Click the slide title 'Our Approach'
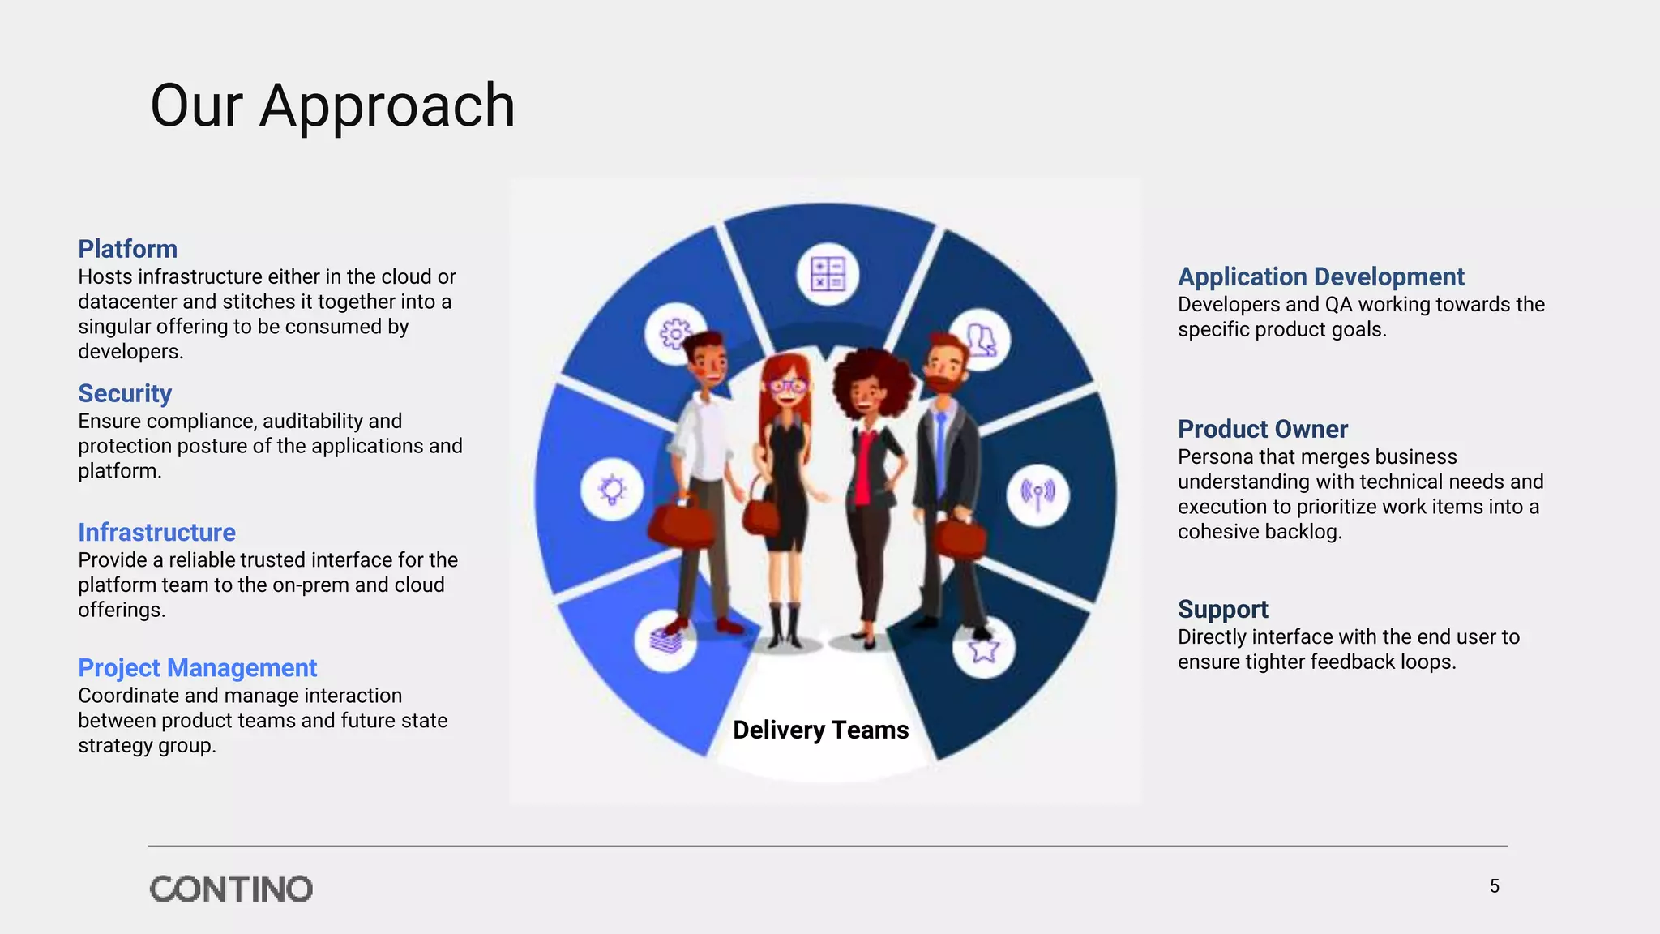pyautogui.click(x=332, y=106)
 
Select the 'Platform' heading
pyautogui.click(x=127, y=249)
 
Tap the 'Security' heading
pyautogui.click(x=125, y=393)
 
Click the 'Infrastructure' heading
pyautogui.click(x=156, y=533)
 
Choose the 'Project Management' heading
pyautogui.click(x=197, y=668)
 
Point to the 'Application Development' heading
pyautogui.click(x=1320, y=276)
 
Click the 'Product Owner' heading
pyautogui.click(x=1262, y=429)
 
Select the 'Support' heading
pyautogui.click(x=1222, y=609)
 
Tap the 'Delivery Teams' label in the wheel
pyautogui.click(x=820, y=730)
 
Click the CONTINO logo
pyautogui.click(x=231, y=889)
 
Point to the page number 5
pyautogui.click(x=1494, y=886)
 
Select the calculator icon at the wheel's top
pyautogui.click(x=828, y=274)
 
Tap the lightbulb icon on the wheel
pyautogui.click(x=612, y=490)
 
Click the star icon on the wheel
pyautogui.click(x=983, y=649)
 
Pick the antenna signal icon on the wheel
pyautogui.click(x=1037, y=494)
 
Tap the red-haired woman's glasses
pyautogui.click(x=787, y=386)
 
